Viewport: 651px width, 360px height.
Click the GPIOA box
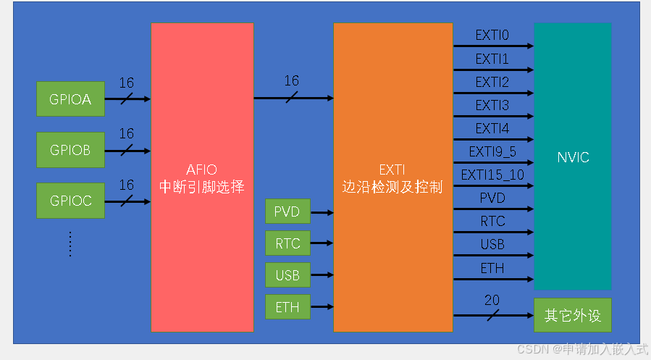70,99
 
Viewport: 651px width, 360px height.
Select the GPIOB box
70,150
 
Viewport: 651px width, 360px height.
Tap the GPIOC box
70,201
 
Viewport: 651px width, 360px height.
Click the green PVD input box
287,212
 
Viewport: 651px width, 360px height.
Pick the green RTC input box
287,243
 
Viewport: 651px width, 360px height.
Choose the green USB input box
287,275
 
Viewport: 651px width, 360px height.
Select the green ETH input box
287,307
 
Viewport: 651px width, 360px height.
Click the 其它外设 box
572,316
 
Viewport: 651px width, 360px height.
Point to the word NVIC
573,157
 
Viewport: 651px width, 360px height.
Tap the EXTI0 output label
492,35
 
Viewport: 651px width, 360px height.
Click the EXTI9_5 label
492,151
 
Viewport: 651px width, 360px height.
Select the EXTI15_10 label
492,175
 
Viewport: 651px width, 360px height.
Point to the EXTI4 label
492,128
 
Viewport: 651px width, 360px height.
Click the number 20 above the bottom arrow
492,301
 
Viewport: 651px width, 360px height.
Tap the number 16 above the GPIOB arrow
127,134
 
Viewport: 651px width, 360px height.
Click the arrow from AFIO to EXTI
293,97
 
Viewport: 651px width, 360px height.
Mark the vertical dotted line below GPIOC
70,243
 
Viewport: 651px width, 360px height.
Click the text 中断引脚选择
202,188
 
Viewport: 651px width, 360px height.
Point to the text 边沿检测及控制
392,188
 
